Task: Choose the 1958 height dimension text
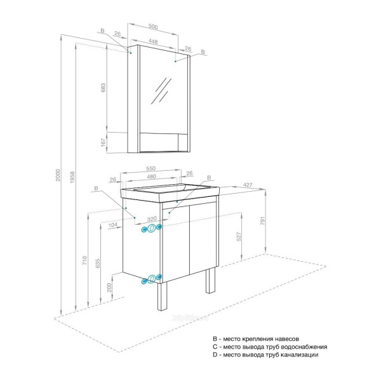tap(72, 180)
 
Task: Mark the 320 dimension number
tap(144, 218)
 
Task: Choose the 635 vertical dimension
tap(97, 264)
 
